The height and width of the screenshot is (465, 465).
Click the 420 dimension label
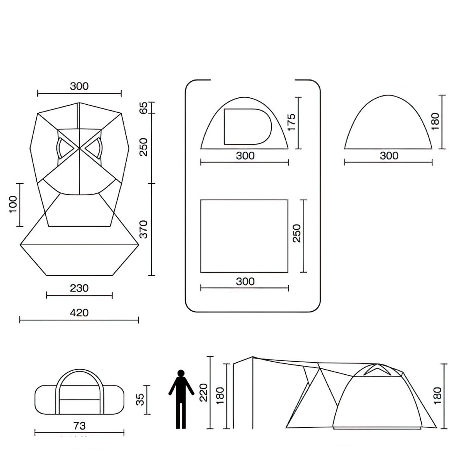pos(79,312)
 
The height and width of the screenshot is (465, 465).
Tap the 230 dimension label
pos(79,288)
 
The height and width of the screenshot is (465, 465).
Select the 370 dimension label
pos(143,229)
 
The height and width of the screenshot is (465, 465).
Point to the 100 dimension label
pos(13,204)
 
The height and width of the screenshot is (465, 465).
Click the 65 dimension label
pos(143,107)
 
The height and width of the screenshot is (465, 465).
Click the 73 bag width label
pos(79,425)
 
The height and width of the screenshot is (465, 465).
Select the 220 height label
pos(204,393)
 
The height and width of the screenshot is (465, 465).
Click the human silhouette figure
pos(181,399)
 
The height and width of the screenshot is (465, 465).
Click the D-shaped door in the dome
pos(247,126)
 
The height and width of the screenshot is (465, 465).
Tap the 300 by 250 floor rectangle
pos(244,236)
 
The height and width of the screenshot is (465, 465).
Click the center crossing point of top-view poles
pos(79,148)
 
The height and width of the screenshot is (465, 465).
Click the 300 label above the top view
pos(79,86)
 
